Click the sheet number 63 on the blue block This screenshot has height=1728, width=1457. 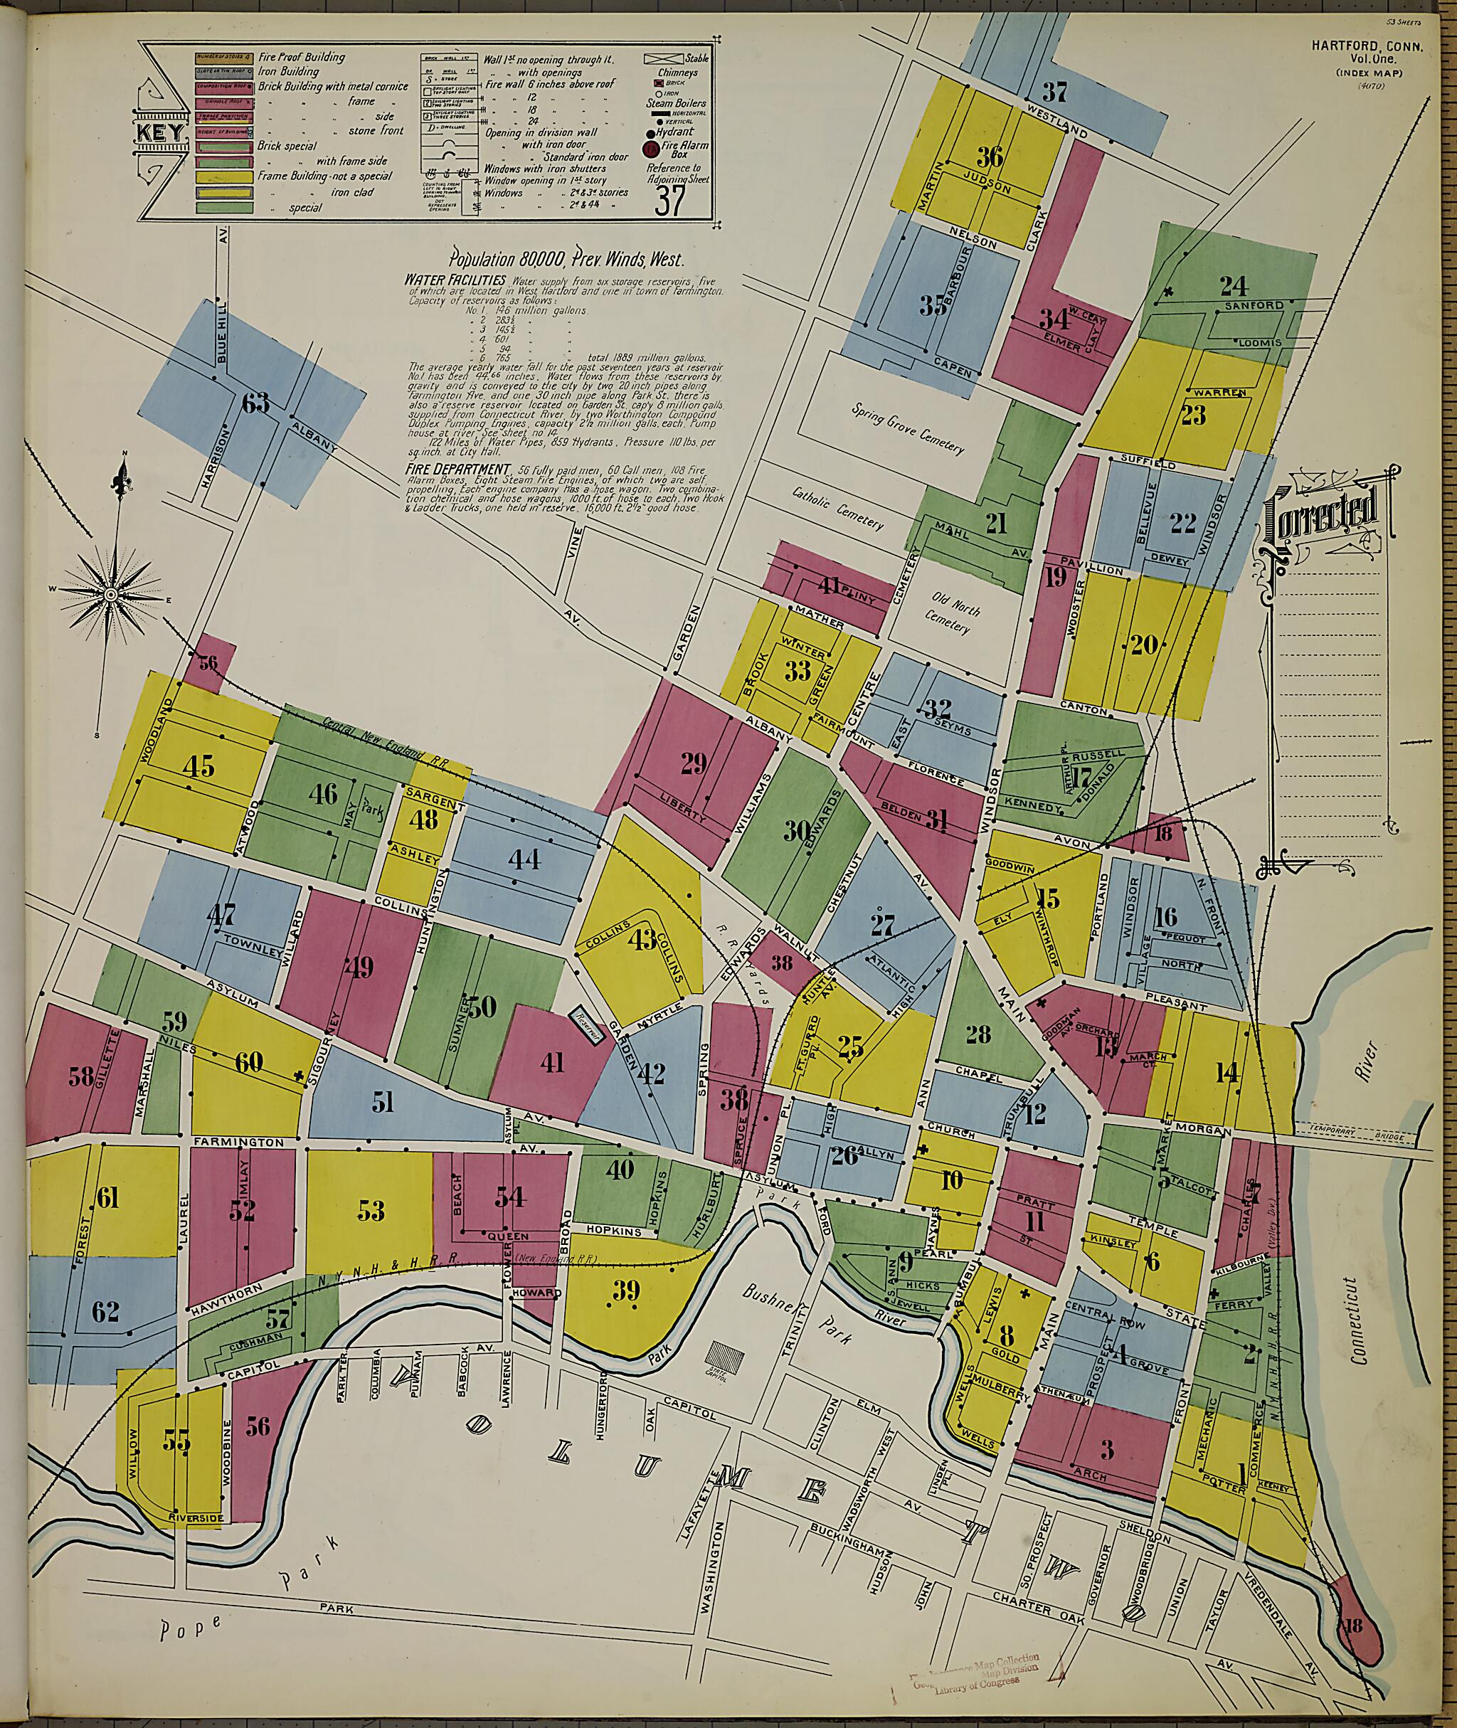tap(256, 404)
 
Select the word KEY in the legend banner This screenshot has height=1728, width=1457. tap(163, 133)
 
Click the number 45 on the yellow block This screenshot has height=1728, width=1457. tap(198, 765)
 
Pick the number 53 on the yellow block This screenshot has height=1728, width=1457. tap(371, 1210)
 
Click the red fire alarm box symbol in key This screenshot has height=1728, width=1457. tap(650, 149)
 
